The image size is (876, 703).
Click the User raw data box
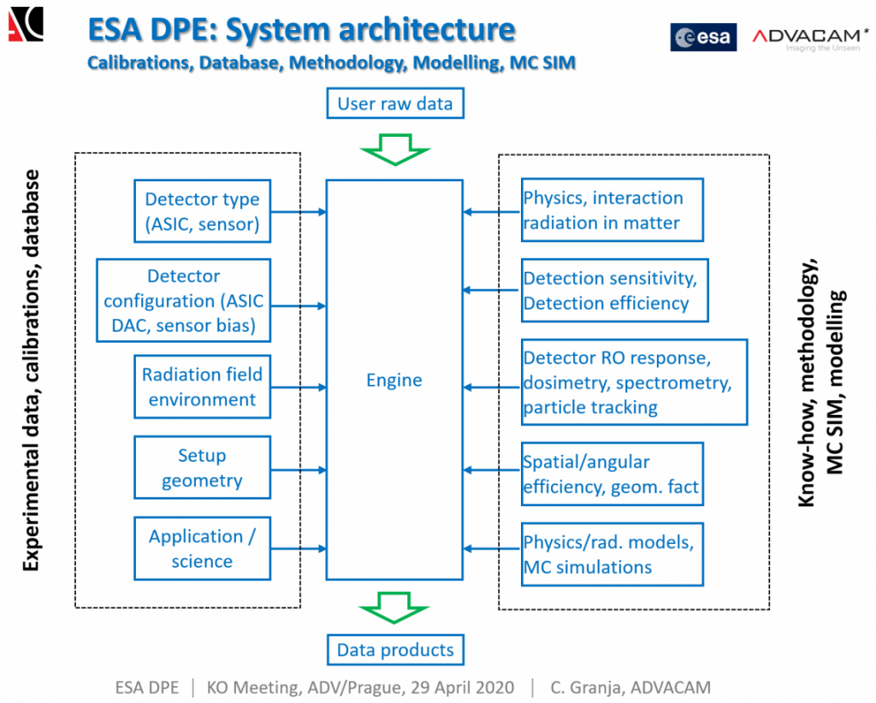pos(394,104)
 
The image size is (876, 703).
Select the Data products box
pos(394,650)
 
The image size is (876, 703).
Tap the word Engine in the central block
pos(394,380)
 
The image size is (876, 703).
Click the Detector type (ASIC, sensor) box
pos(202,211)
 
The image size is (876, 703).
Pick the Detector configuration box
pos(184,301)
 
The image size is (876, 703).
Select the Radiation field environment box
pos(202,387)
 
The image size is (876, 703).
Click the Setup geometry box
pos(202,468)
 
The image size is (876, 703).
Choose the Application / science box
pos(202,548)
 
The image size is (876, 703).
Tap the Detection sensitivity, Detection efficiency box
pos(613,291)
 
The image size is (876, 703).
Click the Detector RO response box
pos(632,381)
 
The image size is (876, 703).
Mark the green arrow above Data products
pos(394,608)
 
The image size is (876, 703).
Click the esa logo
pos(703,37)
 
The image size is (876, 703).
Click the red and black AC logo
pos(26,24)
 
